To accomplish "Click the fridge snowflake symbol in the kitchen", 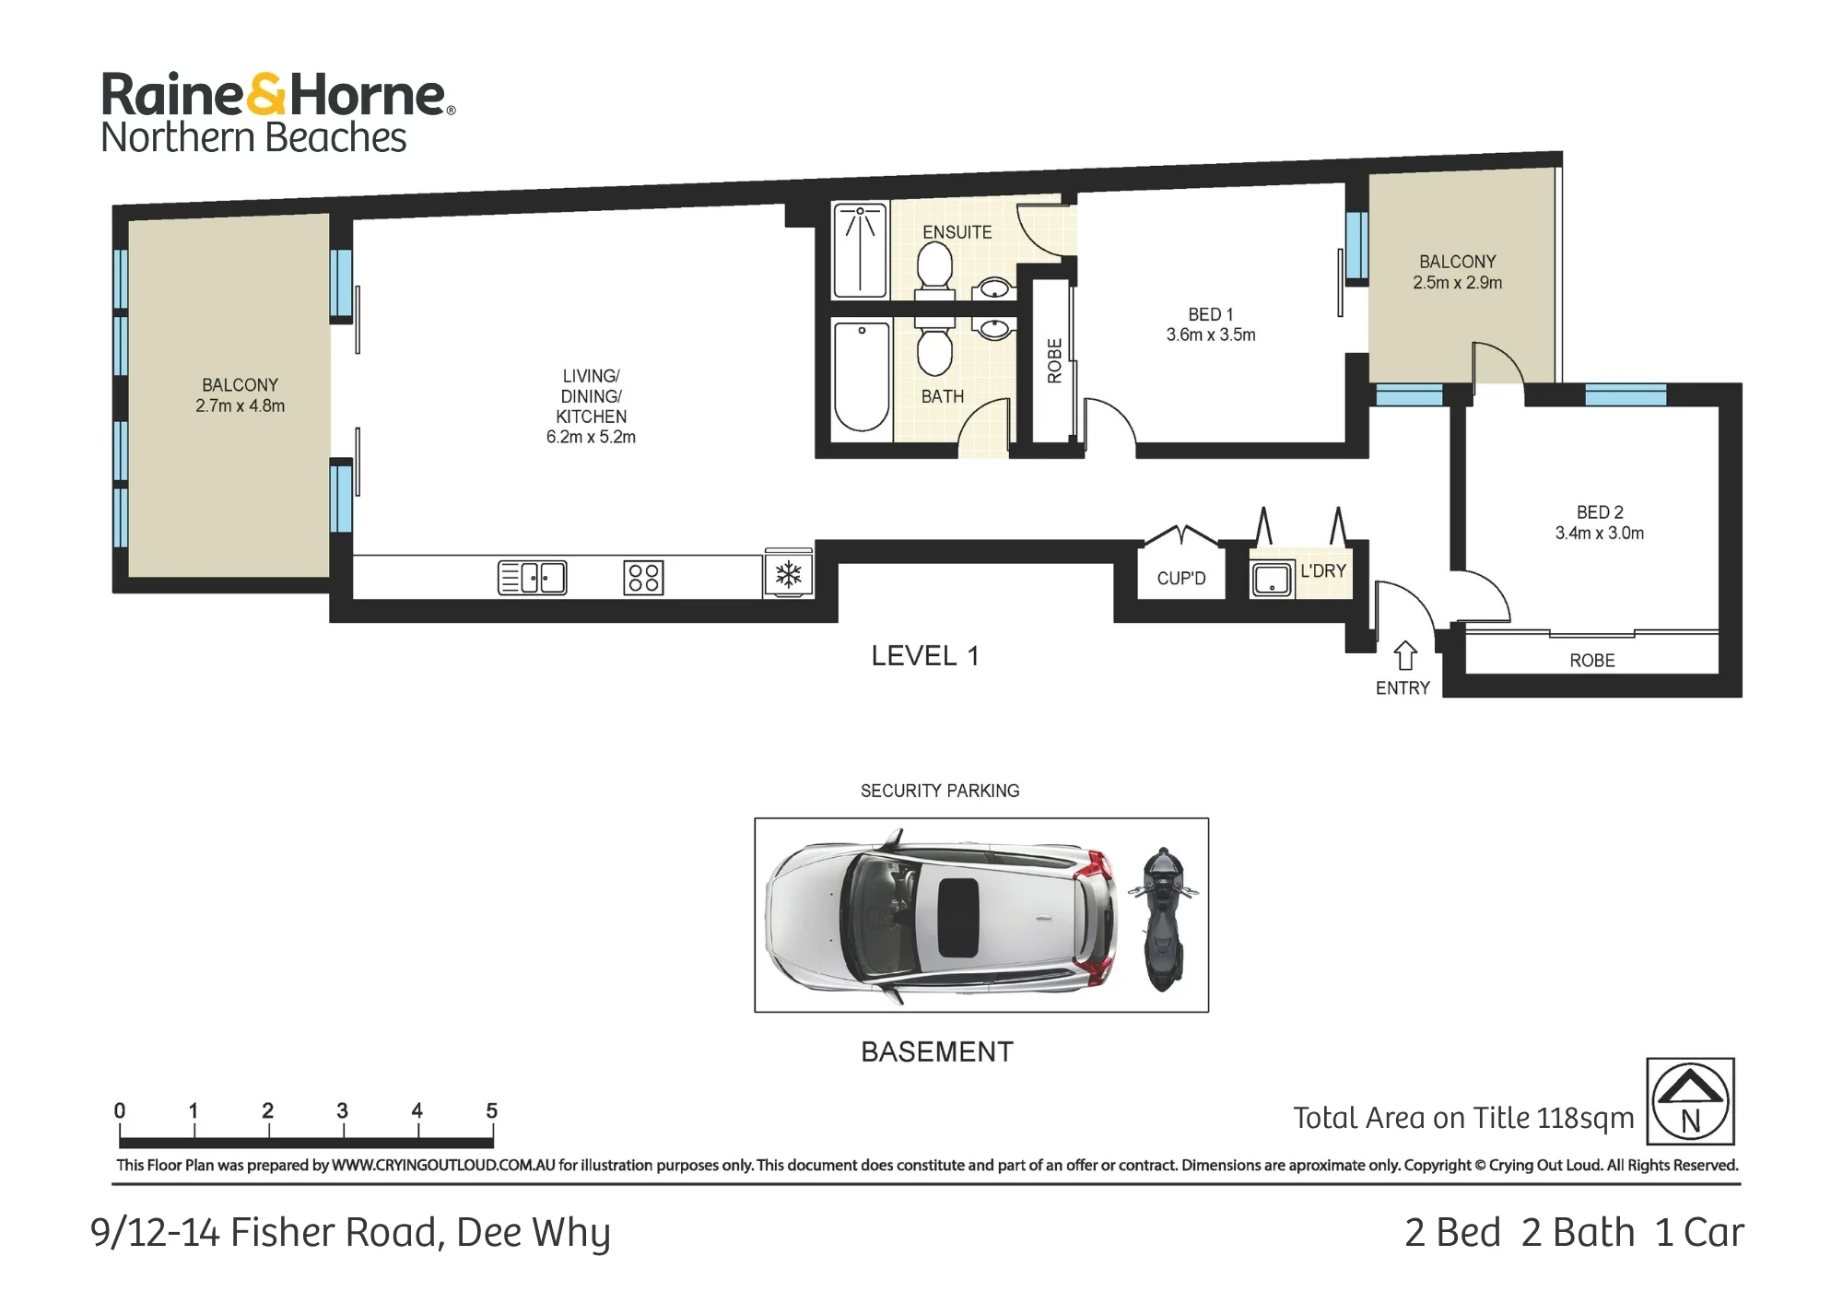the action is pos(788,576).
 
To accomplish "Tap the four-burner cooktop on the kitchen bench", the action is pos(643,578).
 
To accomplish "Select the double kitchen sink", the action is pos(533,578).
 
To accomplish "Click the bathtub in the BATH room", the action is pos(862,377).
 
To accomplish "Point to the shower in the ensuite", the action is pos(861,250).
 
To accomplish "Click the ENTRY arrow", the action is pos(1404,656).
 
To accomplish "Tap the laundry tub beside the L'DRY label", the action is pos(1273,579).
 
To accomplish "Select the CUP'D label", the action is pos(1181,579).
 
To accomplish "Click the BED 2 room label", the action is pos(1600,512).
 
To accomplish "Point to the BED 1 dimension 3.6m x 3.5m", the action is pos(1211,335).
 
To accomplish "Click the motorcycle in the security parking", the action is pos(1163,918).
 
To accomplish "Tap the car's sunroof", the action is pos(958,918).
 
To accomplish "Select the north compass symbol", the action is pos(1691,1101).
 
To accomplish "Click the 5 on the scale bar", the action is pos(491,1110).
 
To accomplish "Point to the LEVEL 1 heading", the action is pos(924,656).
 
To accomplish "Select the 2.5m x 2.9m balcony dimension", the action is pos(1458,283).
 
